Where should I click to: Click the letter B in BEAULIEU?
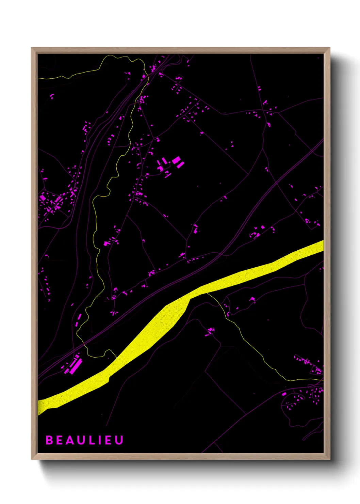(x=49, y=440)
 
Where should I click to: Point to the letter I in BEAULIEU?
(x=100, y=440)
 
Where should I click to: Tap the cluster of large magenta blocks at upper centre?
(x=170, y=164)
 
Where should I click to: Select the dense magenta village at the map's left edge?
(x=51, y=203)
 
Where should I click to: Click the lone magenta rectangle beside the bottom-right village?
(x=284, y=394)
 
